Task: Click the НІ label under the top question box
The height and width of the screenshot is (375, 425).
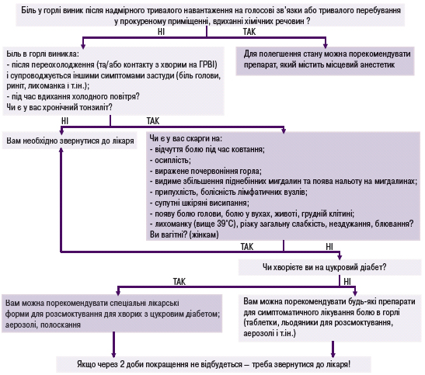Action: [x=161, y=32]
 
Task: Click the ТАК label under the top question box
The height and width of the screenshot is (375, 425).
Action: [x=249, y=32]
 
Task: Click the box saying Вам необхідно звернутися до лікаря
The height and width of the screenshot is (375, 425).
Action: [x=70, y=141]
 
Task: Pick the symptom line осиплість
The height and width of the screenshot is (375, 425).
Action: [x=170, y=160]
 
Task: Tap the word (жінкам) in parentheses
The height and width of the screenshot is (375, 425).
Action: [x=205, y=234]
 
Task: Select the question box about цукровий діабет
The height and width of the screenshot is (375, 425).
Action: [x=329, y=268]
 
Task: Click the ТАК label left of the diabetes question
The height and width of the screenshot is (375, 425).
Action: [x=179, y=282]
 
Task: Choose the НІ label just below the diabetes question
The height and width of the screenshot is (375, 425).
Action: [x=347, y=282]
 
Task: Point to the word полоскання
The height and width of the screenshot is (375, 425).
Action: [x=61, y=325]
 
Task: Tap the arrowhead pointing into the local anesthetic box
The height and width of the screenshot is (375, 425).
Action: [x=326, y=46]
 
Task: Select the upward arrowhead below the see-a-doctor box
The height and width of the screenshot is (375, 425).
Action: [x=61, y=150]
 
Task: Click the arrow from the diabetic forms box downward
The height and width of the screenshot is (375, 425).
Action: [x=113, y=345]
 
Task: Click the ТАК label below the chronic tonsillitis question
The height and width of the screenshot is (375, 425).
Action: [x=153, y=121]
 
